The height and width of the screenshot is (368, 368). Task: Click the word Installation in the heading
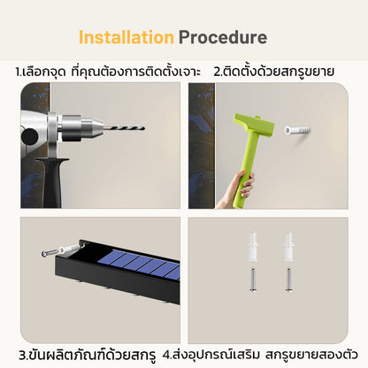tap(126, 37)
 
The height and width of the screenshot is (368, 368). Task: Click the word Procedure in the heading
tap(223, 37)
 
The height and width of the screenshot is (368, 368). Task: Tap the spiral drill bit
tap(124, 128)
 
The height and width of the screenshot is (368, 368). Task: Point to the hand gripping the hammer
tap(237, 189)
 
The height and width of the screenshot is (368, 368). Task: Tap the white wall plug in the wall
tap(297, 130)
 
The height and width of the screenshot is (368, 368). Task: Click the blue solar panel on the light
tap(139, 264)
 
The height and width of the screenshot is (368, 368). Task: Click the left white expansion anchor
tap(253, 247)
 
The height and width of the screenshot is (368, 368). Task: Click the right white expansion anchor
tap(288, 247)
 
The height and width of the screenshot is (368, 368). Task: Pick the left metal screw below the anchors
tap(253, 280)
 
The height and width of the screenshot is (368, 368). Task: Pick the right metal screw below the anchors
tap(289, 280)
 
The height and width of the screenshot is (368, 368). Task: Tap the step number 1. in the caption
tap(19, 72)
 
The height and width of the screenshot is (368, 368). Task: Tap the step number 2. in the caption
tap(218, 72)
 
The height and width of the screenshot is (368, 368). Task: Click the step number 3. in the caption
tap(23, 356)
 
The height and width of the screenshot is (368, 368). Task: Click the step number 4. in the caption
tap(167, 356)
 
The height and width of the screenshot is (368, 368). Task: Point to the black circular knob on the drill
tap(29, 137)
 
